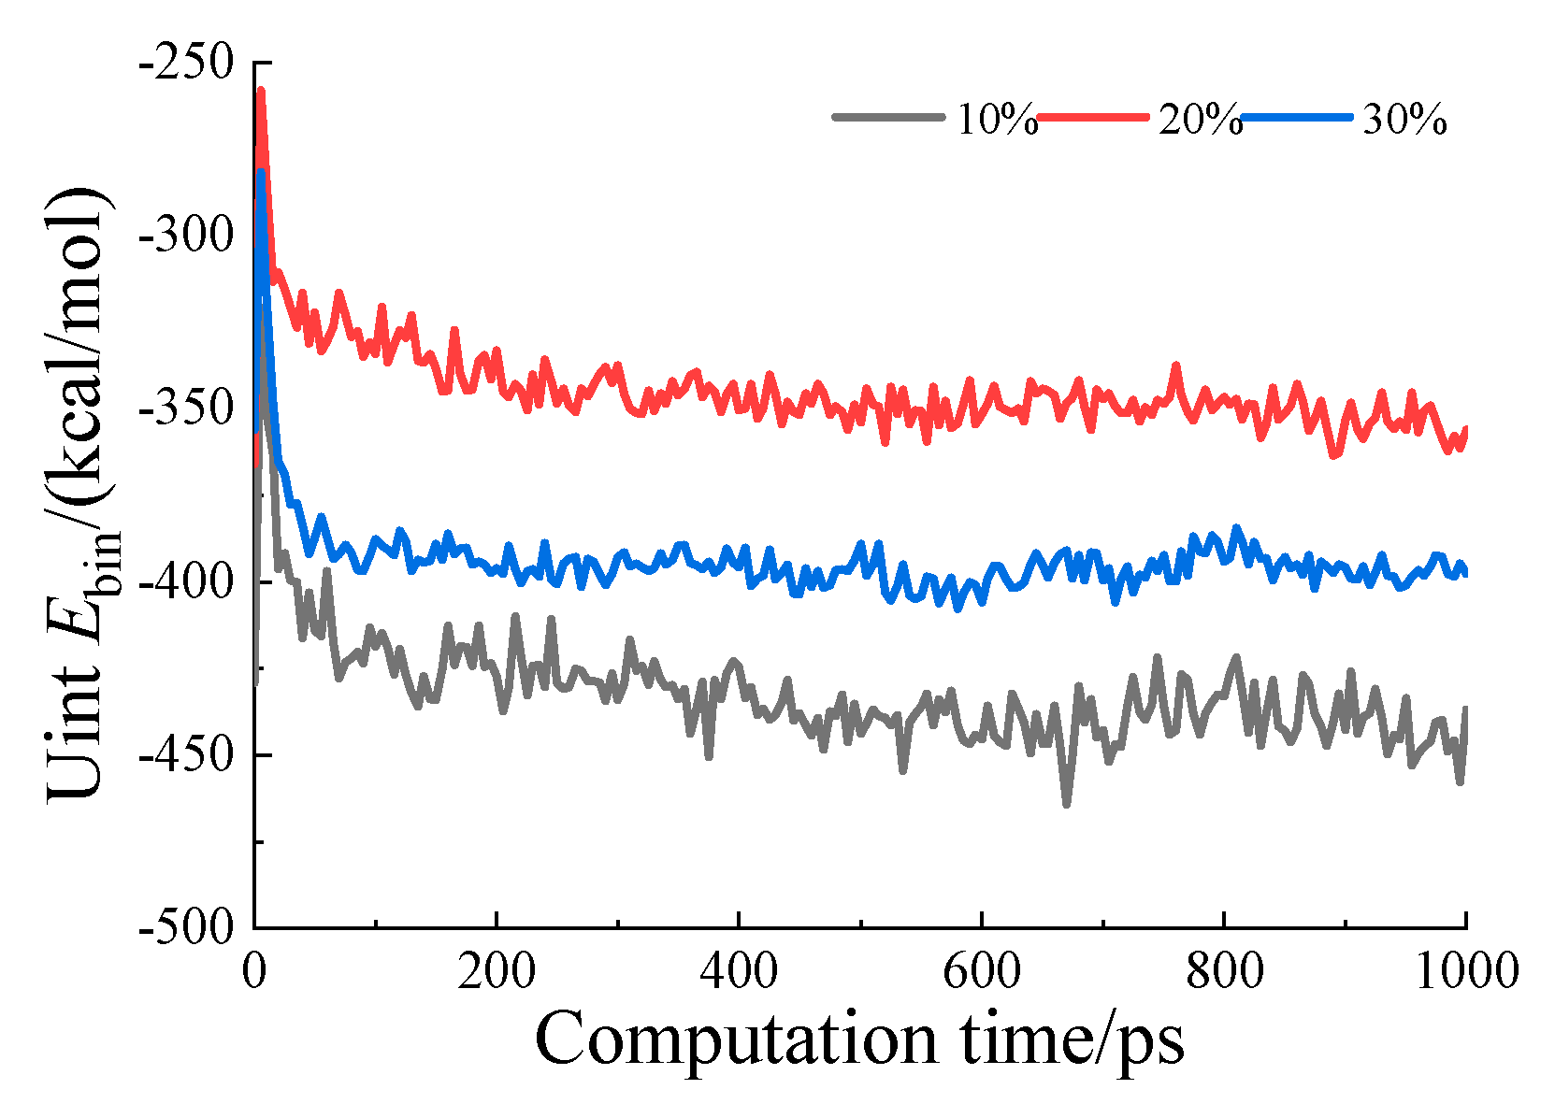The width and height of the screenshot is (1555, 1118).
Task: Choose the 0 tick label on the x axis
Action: (254, 972)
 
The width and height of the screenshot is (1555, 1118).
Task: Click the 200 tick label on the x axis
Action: (497, 972)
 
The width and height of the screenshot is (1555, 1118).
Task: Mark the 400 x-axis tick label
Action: (739, 972)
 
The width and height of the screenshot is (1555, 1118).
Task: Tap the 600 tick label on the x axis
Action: (981, 972)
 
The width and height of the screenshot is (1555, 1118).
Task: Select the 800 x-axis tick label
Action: (1223, 972)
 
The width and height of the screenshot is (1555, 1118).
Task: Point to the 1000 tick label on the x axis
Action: (1465, 972)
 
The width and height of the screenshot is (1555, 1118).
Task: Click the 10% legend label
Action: (996, 120)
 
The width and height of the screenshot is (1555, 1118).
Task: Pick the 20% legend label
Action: (1200, 120)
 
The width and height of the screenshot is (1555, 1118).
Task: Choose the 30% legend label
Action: (1404, 120)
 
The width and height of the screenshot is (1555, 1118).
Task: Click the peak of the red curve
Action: (261, 91)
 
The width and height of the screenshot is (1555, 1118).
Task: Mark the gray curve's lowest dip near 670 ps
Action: (1066, 804)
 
